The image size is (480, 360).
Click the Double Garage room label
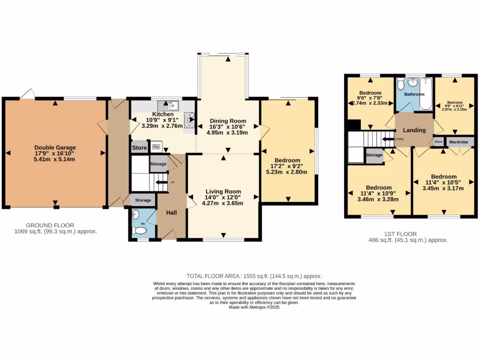(x=55, y=148)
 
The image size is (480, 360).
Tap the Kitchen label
(x=163, y=114)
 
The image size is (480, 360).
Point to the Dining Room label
(x=228, y=121)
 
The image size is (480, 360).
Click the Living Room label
(x=223, y=191)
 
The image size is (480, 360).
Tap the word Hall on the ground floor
(x=172, y=213)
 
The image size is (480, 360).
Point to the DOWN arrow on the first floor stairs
(x=388, y=139)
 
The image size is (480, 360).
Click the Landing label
(x=414, y=130)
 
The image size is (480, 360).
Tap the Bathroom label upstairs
(x=414, y=94)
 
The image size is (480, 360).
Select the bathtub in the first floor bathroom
(x=427, y=94)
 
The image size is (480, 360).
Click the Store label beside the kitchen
(x=139, y=148)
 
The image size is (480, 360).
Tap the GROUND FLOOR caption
(x=50, y=225)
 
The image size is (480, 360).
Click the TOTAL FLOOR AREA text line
(x=254, y=276)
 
